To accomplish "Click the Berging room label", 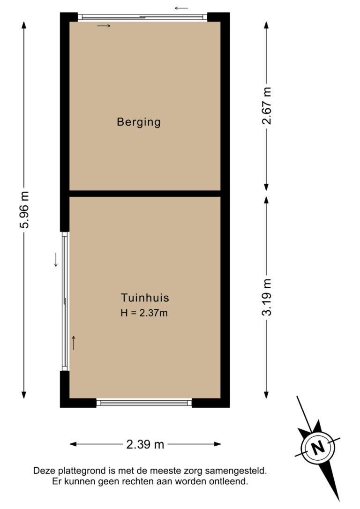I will tap(139, 122).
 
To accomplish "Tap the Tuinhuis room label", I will tap(145, 298).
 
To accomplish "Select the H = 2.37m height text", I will tap(144, 313).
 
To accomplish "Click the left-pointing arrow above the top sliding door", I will tap(181, 8).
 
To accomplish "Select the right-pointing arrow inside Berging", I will tap(104, 26).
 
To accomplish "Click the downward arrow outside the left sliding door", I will tap(56, 260).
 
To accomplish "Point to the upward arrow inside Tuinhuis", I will tap(74, 343).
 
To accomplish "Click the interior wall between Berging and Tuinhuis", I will tap(145, 194).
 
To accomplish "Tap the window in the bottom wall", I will tap(144, 403).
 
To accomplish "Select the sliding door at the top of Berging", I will tap(143, 17).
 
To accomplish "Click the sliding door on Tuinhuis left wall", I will tap(65, 301).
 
